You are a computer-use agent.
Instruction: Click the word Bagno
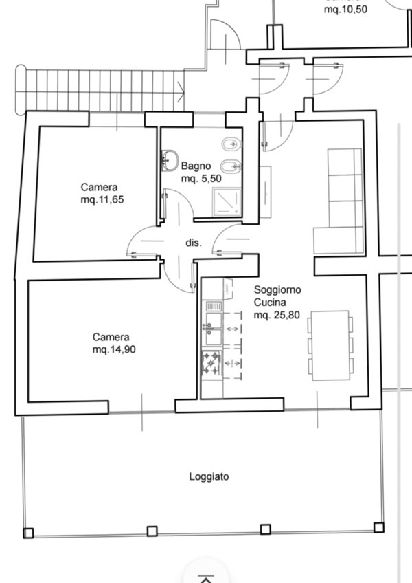pos(196,166)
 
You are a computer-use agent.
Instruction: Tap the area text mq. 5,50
pos(201,179)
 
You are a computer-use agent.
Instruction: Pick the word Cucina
pos(270,302)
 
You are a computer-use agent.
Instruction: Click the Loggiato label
pos(209,476)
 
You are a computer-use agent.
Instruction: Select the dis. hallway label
pos(193,243)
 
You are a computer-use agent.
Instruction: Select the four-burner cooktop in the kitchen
pos(211,363)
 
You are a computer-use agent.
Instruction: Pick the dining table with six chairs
pos(332,345)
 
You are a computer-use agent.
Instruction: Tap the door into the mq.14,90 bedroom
pos(177,274)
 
